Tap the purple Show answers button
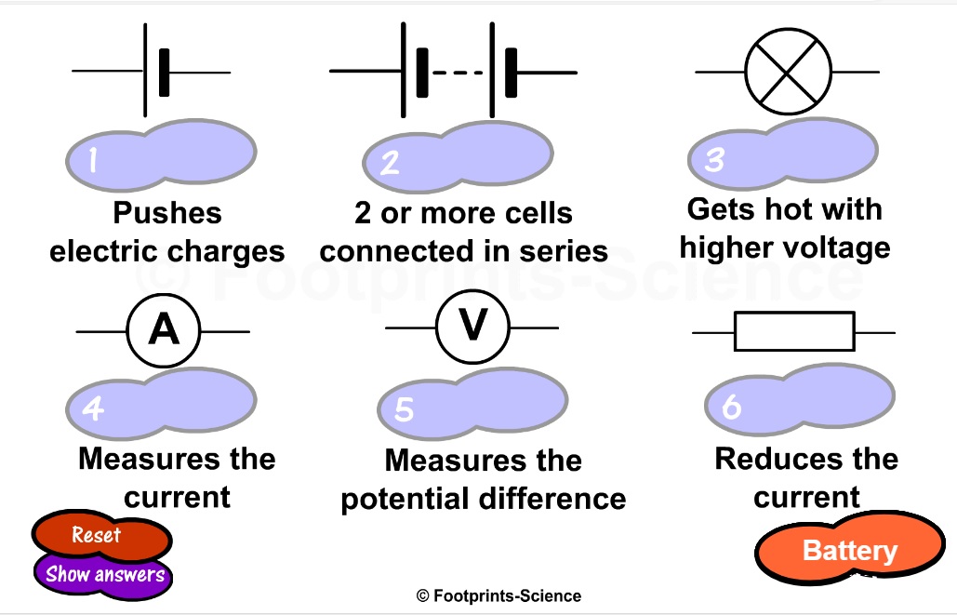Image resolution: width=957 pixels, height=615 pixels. tap(104, 574)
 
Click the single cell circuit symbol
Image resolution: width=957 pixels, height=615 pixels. tap(154, 73)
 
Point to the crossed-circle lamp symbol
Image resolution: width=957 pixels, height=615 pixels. tap(788, 72)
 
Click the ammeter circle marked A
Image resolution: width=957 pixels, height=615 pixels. tap(164, 330)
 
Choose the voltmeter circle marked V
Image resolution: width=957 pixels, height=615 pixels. tap(473, 328)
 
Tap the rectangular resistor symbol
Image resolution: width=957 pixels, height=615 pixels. tap(793, 331)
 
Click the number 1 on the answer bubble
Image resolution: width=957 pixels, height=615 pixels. tap(93, 161)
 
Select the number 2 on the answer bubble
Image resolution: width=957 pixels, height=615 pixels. tap(390, 163)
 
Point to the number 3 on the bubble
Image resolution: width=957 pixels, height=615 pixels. tap(713, 160)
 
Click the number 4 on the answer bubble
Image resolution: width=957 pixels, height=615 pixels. tap(93, 408)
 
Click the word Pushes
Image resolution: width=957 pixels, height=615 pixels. tap(167, 213)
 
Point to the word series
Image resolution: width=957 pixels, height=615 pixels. tap(565, 251)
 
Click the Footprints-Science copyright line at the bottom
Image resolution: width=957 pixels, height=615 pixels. tap(498, 596)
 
